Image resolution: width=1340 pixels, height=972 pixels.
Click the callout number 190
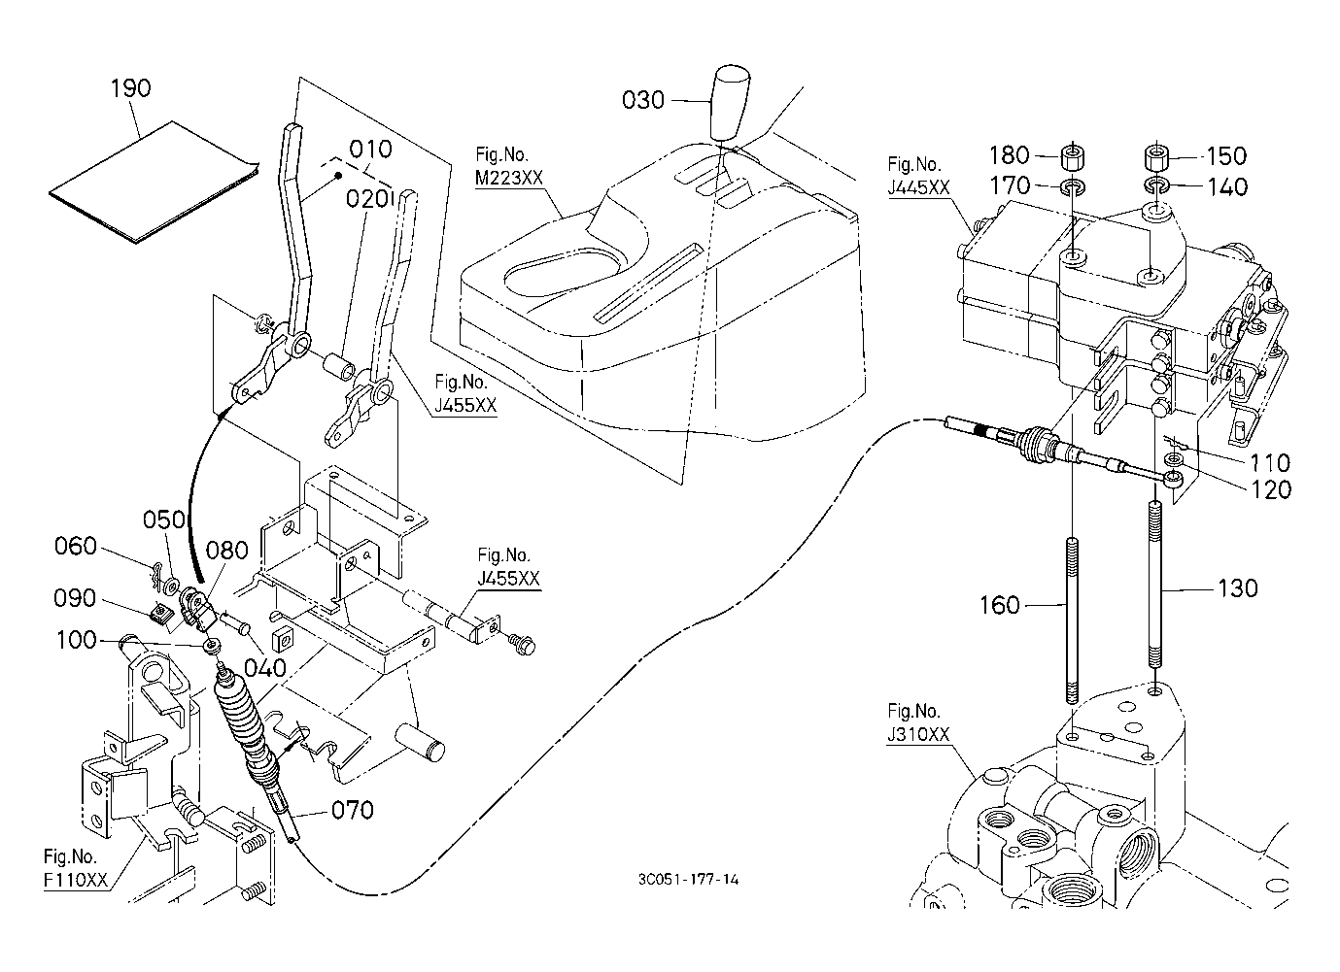[130, 87]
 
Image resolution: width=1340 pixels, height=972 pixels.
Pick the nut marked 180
[1073, 155]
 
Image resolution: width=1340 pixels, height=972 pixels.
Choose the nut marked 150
[1155, 153]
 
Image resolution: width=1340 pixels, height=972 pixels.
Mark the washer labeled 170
[1073, 184]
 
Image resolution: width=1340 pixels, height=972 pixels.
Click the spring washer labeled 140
[1155, 184]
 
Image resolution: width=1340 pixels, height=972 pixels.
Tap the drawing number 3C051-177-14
[689, 880]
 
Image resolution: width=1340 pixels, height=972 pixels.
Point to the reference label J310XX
[917, 735]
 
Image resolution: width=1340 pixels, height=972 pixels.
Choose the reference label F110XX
[74, 881]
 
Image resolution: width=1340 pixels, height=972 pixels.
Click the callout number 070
[352, 809]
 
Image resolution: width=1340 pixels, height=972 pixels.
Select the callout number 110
[1270, 463]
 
